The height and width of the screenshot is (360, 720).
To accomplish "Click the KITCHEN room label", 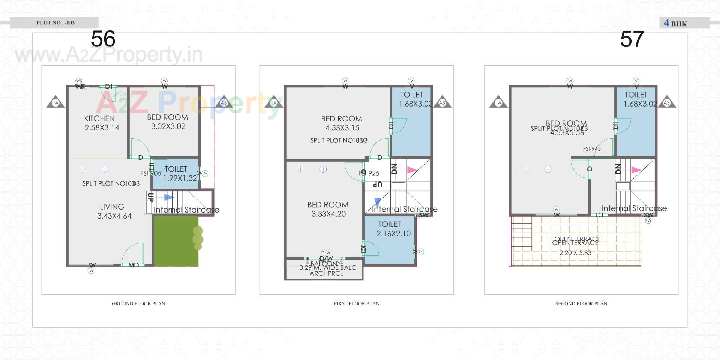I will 99,118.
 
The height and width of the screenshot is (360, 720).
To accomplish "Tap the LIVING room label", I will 112,207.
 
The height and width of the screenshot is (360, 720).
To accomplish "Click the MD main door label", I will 133,265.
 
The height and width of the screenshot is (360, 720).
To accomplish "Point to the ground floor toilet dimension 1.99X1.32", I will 180,178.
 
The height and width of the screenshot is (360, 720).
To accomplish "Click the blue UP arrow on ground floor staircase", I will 168,197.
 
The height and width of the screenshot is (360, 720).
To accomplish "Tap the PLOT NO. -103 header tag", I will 55,22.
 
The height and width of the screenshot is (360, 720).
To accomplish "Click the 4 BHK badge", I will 675,23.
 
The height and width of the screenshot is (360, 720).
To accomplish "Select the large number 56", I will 103,39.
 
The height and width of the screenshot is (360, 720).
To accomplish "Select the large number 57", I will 632,39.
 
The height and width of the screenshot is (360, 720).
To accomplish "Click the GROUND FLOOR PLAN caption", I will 138,303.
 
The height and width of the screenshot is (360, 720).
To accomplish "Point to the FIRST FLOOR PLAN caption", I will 357,303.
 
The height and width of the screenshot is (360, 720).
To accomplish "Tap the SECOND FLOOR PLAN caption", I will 581,303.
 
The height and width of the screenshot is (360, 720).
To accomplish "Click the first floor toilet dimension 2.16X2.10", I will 393,233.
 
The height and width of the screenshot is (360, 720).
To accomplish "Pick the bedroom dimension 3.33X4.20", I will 328,214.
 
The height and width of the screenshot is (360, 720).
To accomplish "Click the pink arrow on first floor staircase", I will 412,170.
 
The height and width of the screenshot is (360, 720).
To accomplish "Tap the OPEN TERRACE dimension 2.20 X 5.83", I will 575,253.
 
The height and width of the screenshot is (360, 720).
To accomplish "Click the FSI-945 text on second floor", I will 592,149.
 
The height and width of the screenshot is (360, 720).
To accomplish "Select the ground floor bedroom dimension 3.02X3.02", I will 168,127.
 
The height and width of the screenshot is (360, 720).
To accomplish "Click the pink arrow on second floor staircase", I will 636,170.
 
